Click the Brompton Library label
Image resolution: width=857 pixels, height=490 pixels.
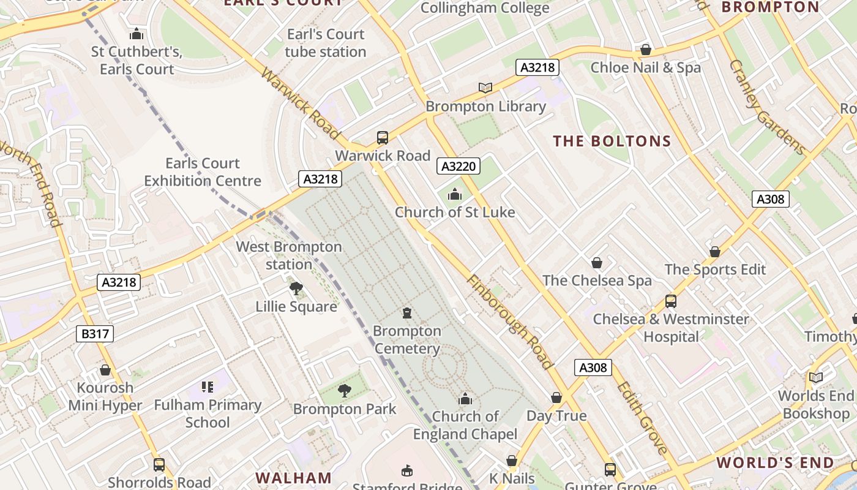(x=485, y=107)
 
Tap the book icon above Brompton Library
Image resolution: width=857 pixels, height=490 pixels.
(x=485, y=88)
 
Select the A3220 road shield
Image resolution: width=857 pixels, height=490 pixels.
(x=458, y=166)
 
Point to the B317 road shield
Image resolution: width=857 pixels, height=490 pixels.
(x=95, y=334)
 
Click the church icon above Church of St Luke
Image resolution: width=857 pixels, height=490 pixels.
(x=455, y=195)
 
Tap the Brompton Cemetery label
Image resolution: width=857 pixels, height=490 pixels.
(x=407, y=340)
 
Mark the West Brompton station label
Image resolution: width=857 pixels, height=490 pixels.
(x=289, y=256)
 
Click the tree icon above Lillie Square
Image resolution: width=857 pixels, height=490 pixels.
(x=296, y=288)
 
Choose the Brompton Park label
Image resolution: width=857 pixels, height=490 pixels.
(x=345, y=409)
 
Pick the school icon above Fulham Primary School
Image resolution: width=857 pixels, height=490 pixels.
(x=208, y=387)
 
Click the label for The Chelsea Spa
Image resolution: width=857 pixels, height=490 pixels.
(x=597, y=281)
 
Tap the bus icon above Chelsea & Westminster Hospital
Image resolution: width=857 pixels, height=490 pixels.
(x=671, y=301)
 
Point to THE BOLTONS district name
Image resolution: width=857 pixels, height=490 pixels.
(x=612, y=141)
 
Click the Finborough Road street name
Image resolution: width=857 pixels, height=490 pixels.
(x=510, y=322)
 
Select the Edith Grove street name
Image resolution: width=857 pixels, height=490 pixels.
(x=642, y=418)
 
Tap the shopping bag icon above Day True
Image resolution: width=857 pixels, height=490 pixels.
(x=556, y=398)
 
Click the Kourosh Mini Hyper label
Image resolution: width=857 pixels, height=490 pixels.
(x=105, y=396)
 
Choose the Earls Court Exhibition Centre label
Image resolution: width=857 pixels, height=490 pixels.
(x=203, y=172)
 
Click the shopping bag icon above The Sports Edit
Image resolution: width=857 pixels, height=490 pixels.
(x=715, y=252)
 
